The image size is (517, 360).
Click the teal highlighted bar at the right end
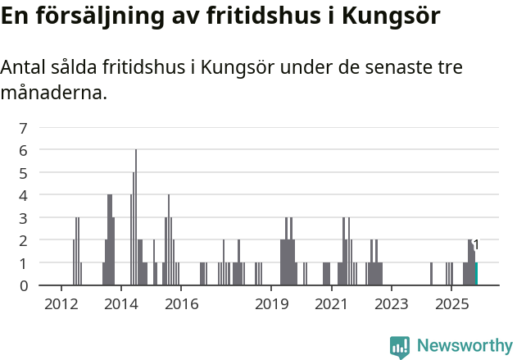tap(476, 274)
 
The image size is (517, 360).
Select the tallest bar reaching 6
tap(136, 217)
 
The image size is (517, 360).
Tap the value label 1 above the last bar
tap(476, 245)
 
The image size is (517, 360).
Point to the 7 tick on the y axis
tap(24, 128)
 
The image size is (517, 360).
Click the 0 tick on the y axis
tap(24, 285)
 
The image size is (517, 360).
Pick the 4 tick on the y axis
tap(24, 195)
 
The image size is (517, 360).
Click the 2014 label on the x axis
tap(121, 304)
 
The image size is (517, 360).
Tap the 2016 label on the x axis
tap(181, 304)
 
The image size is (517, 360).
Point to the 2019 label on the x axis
tap(272, 304)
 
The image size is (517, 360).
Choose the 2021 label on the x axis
tap(332, 304)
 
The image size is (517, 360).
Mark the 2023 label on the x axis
tap(392, 304)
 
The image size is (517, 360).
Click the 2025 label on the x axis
tap(451, 304)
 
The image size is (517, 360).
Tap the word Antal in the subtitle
tap(24, 67)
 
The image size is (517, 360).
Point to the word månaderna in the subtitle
tap(54, 93)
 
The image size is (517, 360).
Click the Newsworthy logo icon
tap(400, 347)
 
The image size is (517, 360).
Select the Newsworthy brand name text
tap(465, 347)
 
